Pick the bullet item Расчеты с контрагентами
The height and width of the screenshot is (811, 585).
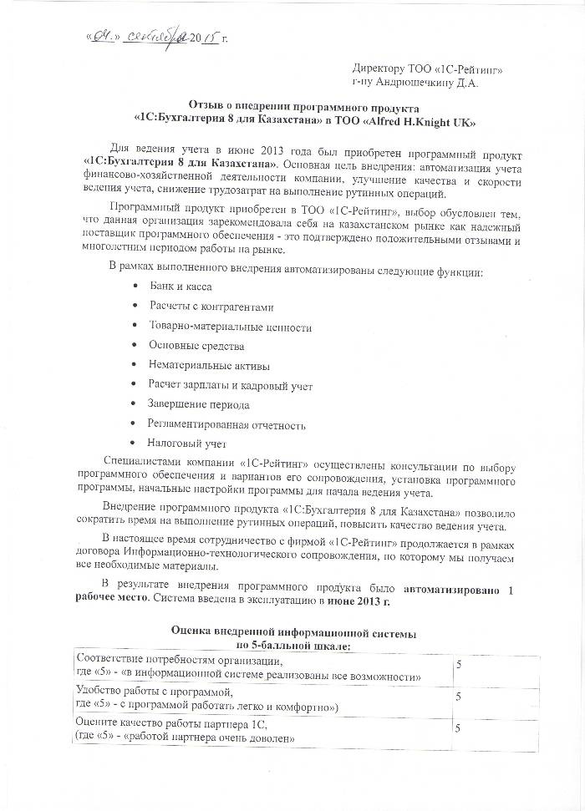coord(211,306)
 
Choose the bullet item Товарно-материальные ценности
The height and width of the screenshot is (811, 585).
coord(230,326)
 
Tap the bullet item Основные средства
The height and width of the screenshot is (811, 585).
coord(196,345)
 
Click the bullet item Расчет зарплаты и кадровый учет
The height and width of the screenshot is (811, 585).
coord(230,384)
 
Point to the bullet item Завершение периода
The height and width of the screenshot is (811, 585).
coord(198,404)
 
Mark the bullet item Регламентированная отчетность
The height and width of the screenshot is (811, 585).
coord(226,424)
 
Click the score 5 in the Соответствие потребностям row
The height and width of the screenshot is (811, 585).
coord(458,662)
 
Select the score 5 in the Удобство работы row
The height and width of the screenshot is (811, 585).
coord(458,695)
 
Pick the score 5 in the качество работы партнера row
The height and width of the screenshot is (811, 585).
coord(458,727)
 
